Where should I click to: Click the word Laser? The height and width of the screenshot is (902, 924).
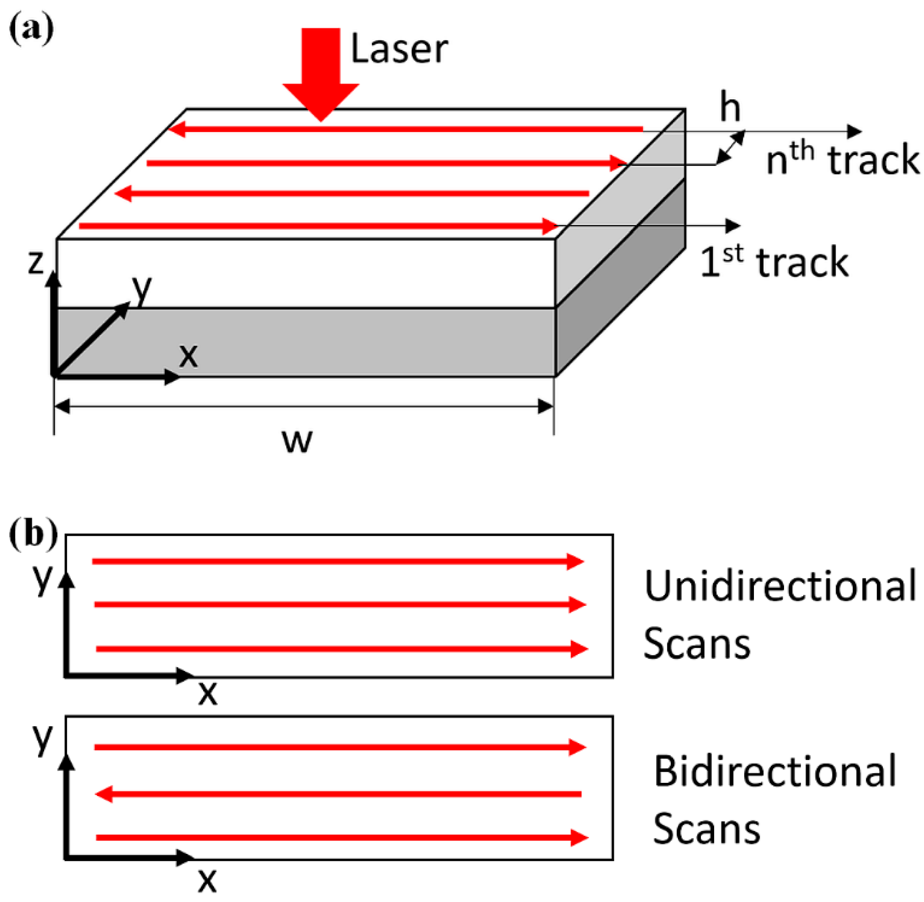(399, 49)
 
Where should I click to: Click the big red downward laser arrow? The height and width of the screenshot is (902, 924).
(321, 71)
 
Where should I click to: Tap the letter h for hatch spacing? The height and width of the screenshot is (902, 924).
(730, 108)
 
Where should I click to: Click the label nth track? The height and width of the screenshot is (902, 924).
(842, 160)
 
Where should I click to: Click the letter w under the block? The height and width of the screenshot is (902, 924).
(297, 441)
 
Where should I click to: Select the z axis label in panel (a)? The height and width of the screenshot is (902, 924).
(36, 262)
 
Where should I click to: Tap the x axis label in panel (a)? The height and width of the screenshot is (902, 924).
(188, 355)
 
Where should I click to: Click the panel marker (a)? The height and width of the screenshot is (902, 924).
(31, 31)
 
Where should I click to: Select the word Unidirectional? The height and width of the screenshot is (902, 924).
(780, 586)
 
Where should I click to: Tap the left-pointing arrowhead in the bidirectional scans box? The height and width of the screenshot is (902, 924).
(104, 794)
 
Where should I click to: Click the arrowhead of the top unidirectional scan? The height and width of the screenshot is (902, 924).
(576, 561)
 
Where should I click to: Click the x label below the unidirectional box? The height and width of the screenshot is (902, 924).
(207, 693)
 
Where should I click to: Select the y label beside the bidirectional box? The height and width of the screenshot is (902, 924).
(42, 738)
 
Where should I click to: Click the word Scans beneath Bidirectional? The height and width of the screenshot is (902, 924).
(706, 829)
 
